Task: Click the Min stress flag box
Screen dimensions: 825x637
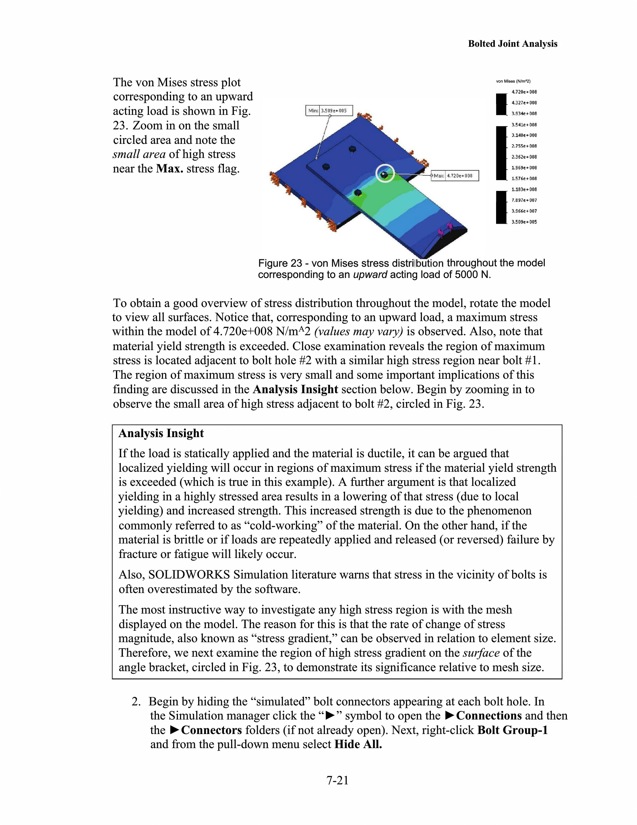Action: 329,110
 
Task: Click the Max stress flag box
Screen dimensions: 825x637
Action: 455,176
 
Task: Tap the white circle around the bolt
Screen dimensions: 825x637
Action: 385,174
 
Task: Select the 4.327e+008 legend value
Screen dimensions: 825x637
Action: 524,103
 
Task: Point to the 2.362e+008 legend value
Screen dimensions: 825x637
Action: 524,157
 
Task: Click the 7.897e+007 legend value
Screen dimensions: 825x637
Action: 524,200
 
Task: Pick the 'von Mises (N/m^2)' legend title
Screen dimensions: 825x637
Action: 513,81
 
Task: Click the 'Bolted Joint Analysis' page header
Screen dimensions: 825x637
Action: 512,44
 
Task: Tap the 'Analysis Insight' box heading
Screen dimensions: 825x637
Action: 161,433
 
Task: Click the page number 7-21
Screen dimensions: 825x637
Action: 337,780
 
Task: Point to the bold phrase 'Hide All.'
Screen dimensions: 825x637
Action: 358,744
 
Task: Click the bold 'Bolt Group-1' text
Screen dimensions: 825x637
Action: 512,730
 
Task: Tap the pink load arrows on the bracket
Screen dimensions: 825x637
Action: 445,230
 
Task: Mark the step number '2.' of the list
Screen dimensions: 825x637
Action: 136,702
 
